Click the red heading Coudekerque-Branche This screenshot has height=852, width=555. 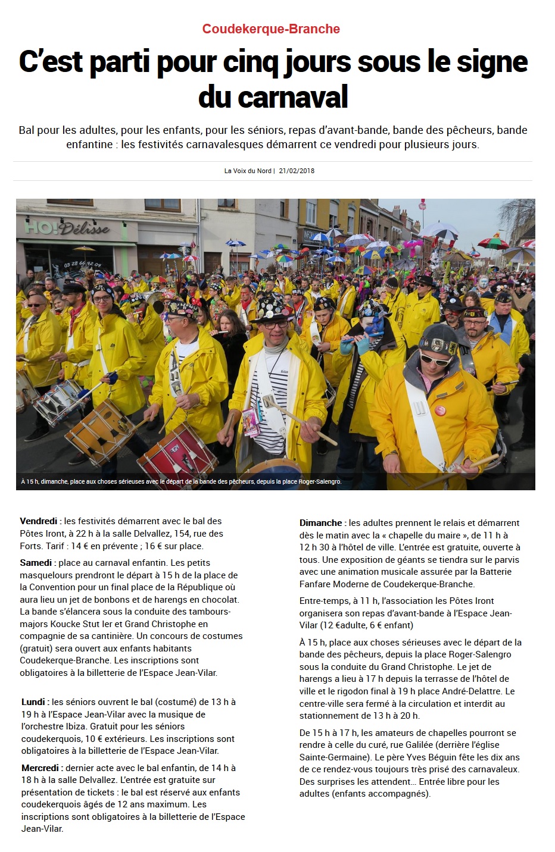(x=271, y=29)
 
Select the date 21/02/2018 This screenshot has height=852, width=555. (x=297, y=171)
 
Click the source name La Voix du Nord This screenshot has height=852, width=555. (x=248, y=171)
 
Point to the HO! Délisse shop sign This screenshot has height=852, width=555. (x=67, y=228)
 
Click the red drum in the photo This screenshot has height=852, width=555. (x=177, y=455)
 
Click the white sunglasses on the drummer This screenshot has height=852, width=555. (x=436, y=358)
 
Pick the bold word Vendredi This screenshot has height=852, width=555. (x=39, y=521)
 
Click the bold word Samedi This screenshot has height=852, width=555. (x=36, y=562)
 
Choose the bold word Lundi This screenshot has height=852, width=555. (x=34, y=702)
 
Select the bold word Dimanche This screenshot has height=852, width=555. (x=321, y=522)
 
